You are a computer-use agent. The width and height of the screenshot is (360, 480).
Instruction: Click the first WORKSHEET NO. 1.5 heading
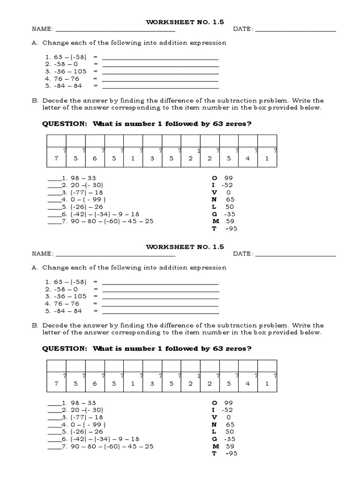point(185,22)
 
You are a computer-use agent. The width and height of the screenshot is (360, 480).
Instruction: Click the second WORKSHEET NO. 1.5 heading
point(185,246)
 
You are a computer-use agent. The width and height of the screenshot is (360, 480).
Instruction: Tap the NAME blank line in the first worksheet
point(115,30)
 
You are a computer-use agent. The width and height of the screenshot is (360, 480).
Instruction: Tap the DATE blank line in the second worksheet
point(296,255)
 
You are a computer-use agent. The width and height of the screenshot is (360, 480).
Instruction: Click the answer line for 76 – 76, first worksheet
point(160,80)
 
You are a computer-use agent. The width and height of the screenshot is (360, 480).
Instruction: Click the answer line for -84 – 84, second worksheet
point(160,312)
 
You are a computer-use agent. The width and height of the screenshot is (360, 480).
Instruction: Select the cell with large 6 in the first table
point(94,158)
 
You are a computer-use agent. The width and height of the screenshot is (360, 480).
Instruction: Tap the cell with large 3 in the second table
point(152,383)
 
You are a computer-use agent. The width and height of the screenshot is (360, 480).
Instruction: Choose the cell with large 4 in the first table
point(247,158)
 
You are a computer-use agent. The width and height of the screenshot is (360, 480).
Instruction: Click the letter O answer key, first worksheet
point(215,178)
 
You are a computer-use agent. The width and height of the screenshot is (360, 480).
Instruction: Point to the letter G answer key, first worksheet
point(215,214)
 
